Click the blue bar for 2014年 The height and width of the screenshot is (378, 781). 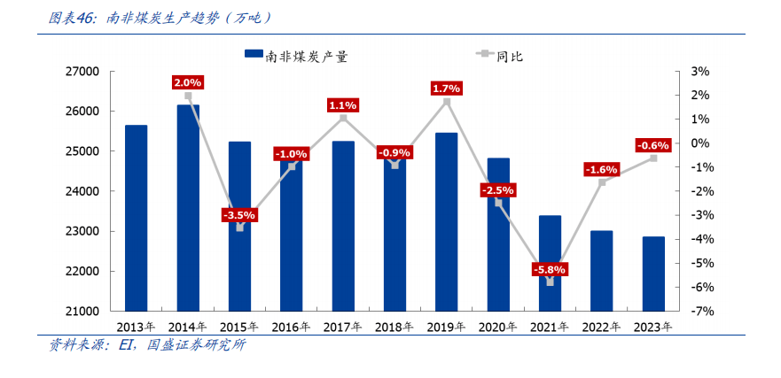188,208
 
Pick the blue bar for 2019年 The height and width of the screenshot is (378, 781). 446,221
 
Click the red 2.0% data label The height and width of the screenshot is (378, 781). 188,82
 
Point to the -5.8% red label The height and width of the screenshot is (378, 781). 550,269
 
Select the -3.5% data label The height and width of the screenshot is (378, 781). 239,214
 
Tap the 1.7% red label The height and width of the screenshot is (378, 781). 446,89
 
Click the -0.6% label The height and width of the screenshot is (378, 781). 653,145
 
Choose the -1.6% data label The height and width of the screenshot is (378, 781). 602,169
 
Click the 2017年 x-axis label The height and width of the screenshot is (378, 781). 342,327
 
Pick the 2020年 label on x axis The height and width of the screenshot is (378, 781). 497,327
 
